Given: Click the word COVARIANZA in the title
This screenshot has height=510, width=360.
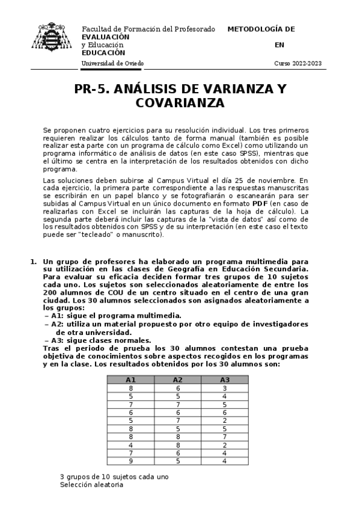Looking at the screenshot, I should coord(180,103).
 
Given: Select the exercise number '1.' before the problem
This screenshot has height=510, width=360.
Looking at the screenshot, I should coord(34,262).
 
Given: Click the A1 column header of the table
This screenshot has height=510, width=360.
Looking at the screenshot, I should coord(130,379).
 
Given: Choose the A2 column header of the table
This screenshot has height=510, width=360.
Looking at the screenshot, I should coord(177,379).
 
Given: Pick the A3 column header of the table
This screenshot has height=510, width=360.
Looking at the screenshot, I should coord(224,379).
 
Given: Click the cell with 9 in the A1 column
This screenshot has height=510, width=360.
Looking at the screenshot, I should coord(130,461).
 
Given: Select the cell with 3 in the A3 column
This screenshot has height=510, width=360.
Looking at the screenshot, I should coord(224,389).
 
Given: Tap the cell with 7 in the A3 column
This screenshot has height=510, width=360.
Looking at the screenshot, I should coord(224,436).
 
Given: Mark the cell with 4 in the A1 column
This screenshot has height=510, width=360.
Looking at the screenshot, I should coord(130,444).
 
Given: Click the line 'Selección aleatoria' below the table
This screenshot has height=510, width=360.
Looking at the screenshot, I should coord(91,485).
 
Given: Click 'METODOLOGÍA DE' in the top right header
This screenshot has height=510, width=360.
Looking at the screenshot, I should coord(261,29).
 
